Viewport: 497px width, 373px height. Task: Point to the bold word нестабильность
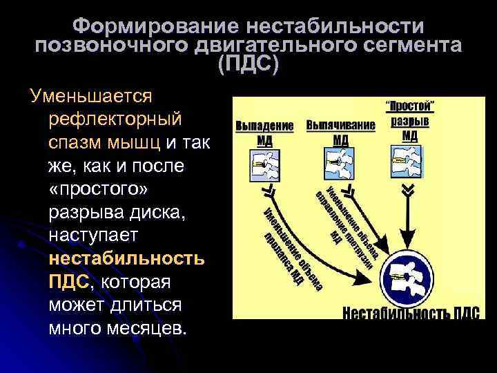point(126,259)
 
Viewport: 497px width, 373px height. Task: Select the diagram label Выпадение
point(264,126)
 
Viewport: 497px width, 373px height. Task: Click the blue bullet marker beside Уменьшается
point(26,242)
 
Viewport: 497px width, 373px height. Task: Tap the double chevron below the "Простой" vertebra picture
point(410,190)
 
